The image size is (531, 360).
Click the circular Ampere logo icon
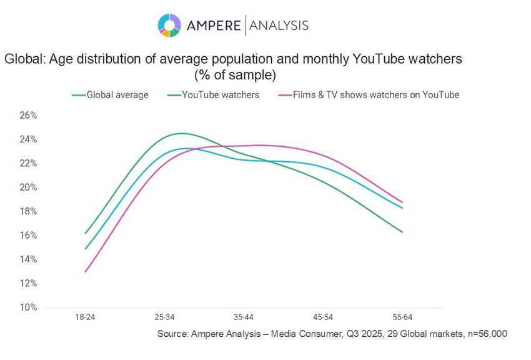coord(169,25)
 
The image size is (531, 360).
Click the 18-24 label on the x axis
coord(85,317)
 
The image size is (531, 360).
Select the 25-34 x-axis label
coord(164,317)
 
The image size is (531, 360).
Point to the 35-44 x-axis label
coord(244,317)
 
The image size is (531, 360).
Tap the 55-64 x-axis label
coord(402,317)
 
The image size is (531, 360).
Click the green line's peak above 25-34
coord(181,133)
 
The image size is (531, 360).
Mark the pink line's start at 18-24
coord(85,271)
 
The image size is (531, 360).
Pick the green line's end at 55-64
coord(402,232)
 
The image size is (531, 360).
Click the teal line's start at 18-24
coord(85,249)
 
